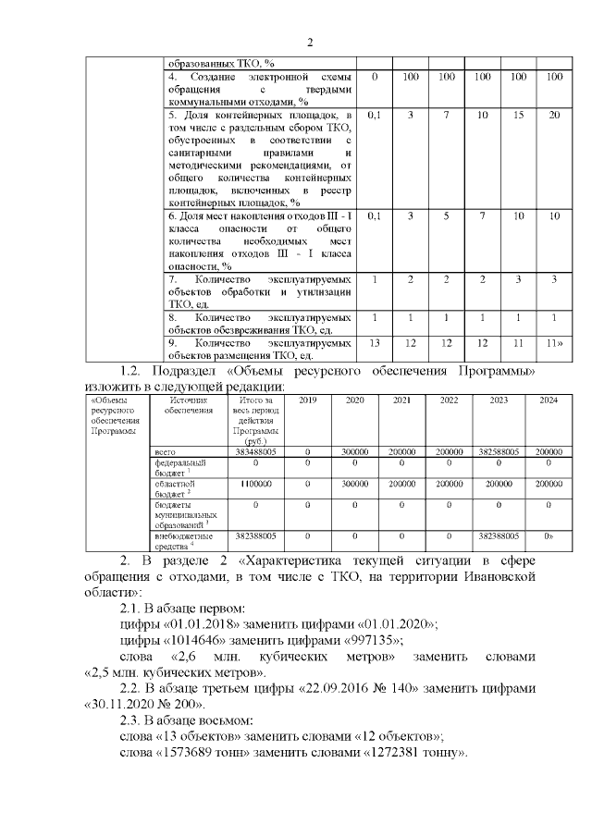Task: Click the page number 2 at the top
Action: (310, 42)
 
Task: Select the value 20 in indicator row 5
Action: (553, 115)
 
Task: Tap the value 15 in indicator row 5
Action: (518, 115)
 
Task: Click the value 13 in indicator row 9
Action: (375, 342)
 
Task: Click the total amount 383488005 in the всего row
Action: (255, 451)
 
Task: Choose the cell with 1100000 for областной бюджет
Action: (255, 484)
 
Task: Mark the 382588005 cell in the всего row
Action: (499, 451)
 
